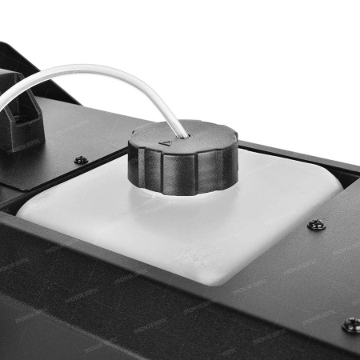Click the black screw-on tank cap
point(182,156)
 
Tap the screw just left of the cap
point(81,159)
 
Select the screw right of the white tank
point(317,226)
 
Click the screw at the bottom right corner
point(350,324)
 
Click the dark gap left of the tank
point(12,200)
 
